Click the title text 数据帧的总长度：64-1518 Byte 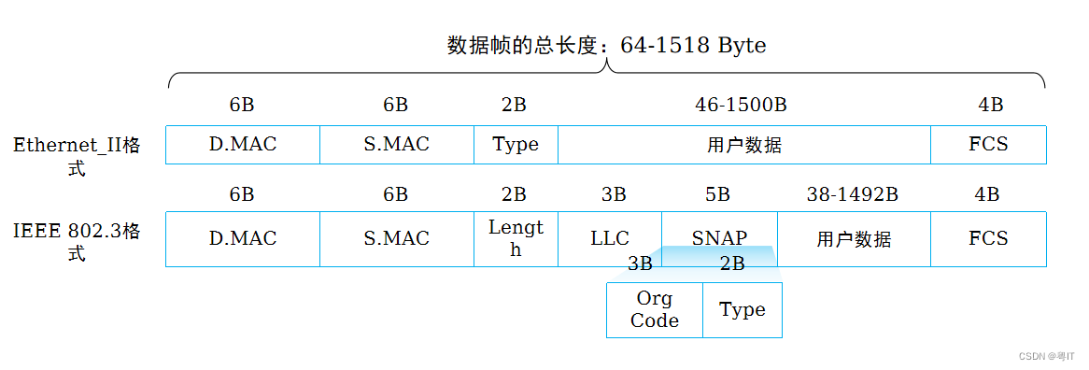pos(606,46)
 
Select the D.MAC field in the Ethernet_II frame pos(243,145)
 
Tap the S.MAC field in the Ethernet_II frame pos(397,145)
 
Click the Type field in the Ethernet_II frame pos(516,145)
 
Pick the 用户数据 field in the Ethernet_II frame pos(744,145)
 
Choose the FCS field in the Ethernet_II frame pos(988,145)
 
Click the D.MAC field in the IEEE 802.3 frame pos(243,239)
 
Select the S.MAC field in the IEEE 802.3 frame pos(397,239)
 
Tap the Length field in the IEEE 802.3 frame pos(516,239)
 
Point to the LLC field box pos(610,239)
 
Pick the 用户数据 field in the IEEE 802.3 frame pos(854,239)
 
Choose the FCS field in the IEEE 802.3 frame pos(988,239)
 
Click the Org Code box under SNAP pos(655,310)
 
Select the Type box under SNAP pos(742,310)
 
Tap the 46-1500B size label pos(741,105)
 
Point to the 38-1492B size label pos(852,194)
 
